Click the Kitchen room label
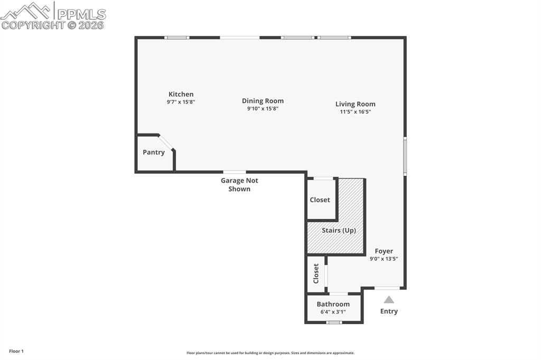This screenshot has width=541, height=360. [181, 94]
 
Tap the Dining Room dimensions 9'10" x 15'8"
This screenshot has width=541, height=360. [263, 109]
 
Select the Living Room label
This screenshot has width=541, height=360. [355, 104]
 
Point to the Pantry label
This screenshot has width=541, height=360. [154, 153]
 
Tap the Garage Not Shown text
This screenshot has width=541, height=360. [239, 184]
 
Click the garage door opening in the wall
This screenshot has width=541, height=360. [234, 172]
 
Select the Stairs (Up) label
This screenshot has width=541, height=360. [339, 231]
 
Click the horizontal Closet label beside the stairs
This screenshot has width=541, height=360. [320, 200]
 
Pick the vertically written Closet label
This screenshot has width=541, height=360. [316, 273]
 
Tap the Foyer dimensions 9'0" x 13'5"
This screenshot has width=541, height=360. [384, 259]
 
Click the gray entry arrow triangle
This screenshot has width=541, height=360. [389, 299]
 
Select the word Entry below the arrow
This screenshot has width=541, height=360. [389, 311]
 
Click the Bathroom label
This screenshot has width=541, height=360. [333, 304]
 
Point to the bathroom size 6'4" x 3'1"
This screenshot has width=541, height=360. [333, 312]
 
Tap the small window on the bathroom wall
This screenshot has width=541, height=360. [334, 322]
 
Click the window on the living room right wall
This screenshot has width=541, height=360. [405, 156]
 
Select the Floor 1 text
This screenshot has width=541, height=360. [16, 351]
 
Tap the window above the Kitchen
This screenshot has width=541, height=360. [176, 37]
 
